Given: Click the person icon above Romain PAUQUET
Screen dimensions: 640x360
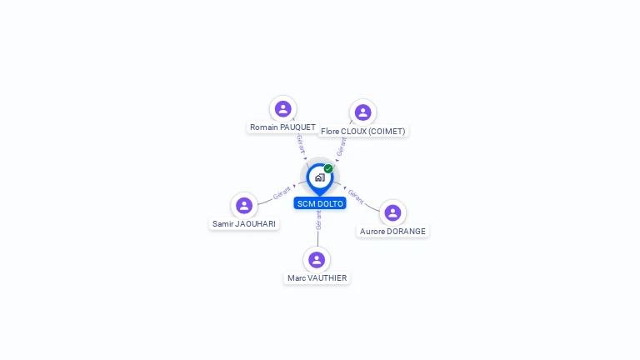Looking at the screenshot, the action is (283, 108).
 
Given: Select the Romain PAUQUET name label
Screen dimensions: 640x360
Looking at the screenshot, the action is (282, 127).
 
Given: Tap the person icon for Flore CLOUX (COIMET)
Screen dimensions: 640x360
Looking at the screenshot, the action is (362, 112).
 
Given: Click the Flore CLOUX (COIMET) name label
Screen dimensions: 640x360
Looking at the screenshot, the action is (363, 132).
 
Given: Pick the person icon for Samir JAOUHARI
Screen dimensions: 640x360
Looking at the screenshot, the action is (244, 205).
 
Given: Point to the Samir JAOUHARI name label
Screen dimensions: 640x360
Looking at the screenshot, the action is (244, 224).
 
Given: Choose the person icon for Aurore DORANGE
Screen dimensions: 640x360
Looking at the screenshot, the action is (392, 212).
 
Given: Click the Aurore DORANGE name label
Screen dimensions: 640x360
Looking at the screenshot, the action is (392, 232).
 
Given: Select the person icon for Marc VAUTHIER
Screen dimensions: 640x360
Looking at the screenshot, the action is (317, 259).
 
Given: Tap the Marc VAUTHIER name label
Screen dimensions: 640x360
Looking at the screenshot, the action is (317, 278).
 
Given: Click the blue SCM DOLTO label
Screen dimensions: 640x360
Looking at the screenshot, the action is (320, 204).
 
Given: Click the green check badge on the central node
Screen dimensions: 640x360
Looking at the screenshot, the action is (328, 169).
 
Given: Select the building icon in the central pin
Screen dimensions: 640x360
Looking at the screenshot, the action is (319, 177).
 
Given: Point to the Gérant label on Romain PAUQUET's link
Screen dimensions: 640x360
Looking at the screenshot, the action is (301, 143).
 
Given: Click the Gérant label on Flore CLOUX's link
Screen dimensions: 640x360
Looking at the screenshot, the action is (341, 147).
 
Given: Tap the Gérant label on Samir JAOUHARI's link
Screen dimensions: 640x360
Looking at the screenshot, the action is (282, 193).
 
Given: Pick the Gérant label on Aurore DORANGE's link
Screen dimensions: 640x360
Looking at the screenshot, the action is (356, 197).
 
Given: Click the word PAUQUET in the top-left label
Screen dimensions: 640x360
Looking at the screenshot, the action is (297, 127).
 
